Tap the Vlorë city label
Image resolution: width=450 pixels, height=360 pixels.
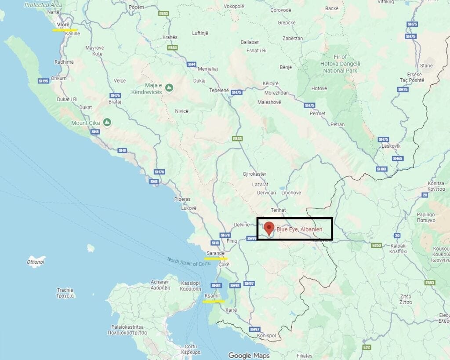click(x=64, y=25)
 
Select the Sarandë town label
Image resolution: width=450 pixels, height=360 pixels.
click(x=215, y=253)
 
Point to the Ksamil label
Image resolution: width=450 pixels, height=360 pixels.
click(x=212, y=296)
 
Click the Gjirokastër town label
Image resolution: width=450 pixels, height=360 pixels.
click(x=254, y=174)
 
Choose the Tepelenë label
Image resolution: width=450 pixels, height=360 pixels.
click(x=219, y=90)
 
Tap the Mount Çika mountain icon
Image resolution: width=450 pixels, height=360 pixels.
click(x=107, y=122)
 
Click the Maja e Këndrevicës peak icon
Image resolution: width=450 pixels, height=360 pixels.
click(x=169, y=88)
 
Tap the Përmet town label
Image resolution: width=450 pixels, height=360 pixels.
click(x=317, y=113)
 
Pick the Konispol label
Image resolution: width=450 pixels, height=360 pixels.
click(x=266, y=335)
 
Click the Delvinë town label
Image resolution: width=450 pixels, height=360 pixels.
click(x=241, y=225)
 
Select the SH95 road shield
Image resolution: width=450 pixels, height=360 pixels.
click(x=43, y=81)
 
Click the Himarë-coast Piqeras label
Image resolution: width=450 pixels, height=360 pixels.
click(x=182, y=199)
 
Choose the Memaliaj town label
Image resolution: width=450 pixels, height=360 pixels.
click(x=207, y=69)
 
